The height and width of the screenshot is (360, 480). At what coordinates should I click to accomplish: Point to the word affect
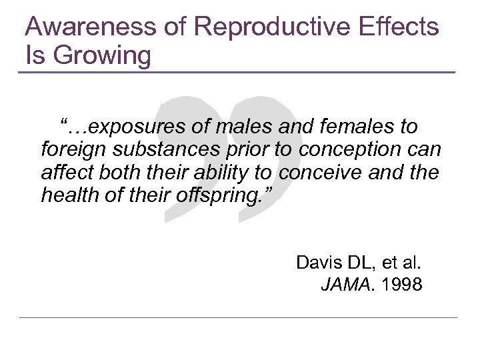click(x=64, y=173)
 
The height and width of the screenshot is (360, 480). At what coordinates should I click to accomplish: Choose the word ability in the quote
click(x=217, y=173)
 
